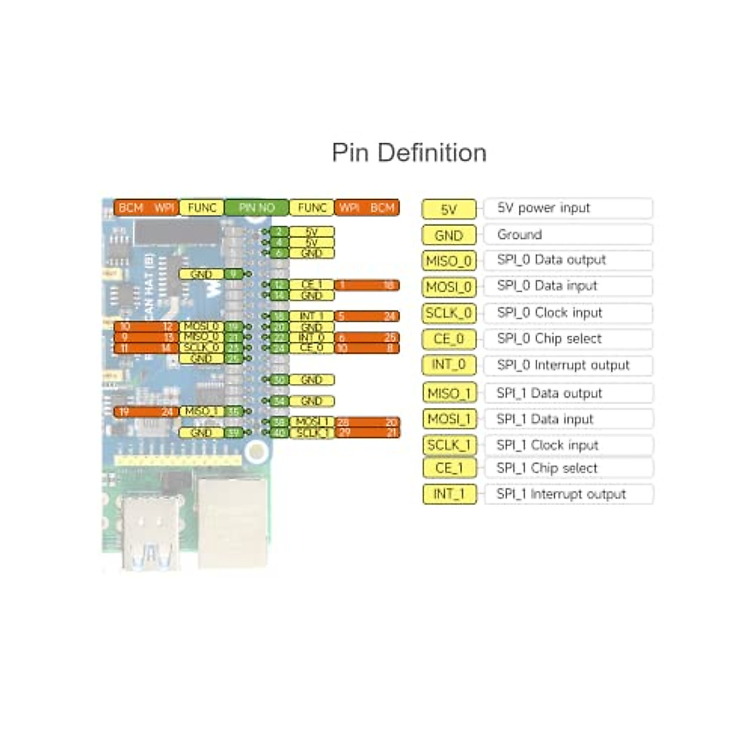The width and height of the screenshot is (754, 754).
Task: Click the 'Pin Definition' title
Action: (x=409, y=153)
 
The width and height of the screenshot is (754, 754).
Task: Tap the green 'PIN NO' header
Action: (x=256, y=207)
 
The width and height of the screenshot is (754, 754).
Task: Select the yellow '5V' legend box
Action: (x=449, y=209)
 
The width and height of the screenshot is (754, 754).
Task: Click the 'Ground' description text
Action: (x=519, y=234)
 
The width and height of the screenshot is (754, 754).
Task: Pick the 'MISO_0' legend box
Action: (x=449, y=261)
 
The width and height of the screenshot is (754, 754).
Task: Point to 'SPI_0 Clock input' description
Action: (x=549, y=312)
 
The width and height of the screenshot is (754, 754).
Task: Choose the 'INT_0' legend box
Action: (x=449, y=364)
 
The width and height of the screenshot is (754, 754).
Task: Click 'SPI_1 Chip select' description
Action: (x=547, y=468)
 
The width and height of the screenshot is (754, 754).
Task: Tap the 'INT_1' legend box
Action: (x=449, y=494)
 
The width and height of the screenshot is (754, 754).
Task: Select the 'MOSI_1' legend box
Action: (x=449, y=418)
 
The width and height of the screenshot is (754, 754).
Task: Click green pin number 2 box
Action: (x=279, y=232)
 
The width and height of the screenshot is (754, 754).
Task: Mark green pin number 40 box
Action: (x=279, y=432)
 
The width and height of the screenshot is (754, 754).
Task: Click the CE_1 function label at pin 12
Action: (x=312, y=285)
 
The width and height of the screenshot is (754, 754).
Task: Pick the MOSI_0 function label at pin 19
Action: (x=201, y=326)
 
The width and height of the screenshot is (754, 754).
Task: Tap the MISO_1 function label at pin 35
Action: (x=201, y=412)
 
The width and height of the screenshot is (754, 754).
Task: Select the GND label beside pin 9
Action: (x=201, y=274)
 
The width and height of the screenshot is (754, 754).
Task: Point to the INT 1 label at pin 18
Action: (x=312, y=316)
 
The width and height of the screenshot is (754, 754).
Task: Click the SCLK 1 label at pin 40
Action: (x=312, y=432)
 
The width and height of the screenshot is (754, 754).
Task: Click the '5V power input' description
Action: (x=544, y=208)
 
